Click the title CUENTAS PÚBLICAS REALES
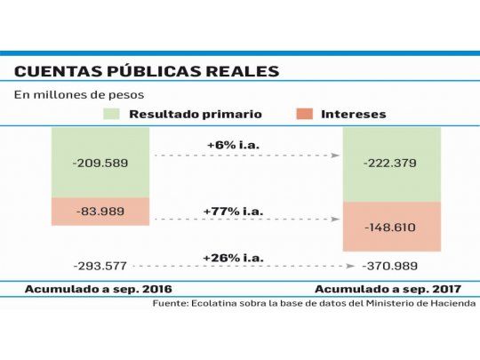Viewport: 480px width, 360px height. coord(147,70)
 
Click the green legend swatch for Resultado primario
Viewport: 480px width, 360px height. coord(111,114)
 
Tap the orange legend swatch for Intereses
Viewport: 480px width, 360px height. coord(304,114)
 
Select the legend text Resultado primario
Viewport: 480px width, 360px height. coord(196,114)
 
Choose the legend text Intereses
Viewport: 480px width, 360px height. coord(354,114)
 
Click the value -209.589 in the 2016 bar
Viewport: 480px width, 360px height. coord(100,164)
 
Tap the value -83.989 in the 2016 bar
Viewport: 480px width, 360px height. coord(100,212)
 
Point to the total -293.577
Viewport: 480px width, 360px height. coord(100,265)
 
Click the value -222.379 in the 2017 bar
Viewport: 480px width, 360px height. coord(392,164)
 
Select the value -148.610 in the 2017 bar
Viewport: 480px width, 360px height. coord(392,227)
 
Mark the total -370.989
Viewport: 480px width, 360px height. coord(392,266)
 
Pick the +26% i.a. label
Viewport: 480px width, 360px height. coord(234,257)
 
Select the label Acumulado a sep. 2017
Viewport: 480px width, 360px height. coord(394,289)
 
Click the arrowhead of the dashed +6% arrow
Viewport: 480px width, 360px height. coord(336,156)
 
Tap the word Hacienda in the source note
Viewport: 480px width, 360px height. coord(449,303)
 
